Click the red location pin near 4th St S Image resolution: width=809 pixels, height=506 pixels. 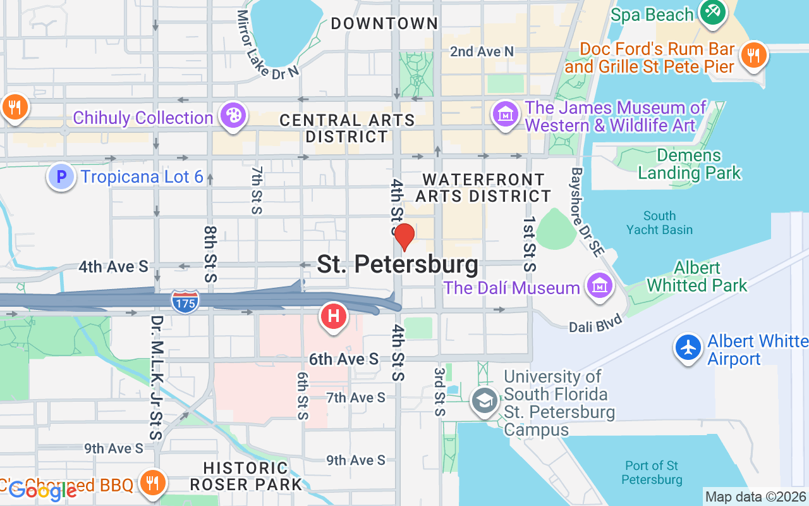[x=404, y=236]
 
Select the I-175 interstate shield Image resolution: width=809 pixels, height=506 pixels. [x=185, y=300]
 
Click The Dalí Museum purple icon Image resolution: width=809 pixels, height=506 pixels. [x=599, y=287]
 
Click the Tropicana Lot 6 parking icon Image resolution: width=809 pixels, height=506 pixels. [x=61, y=176]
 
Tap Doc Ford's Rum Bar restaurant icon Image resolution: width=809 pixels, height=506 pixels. [x=753, y=55]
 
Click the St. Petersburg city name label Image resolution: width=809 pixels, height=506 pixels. [x=397, y=264]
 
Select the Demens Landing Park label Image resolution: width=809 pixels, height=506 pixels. [x=689, y=164]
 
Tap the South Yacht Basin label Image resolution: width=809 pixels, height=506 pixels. [x=659, y=223]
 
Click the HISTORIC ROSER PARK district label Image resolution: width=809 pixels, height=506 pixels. [x=246, y=476]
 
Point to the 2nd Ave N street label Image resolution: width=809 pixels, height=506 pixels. [x=482, y=52]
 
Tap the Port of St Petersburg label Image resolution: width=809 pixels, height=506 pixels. [x=652, y=472]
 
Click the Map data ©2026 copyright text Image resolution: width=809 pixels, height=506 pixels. [x=755, y=497]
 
